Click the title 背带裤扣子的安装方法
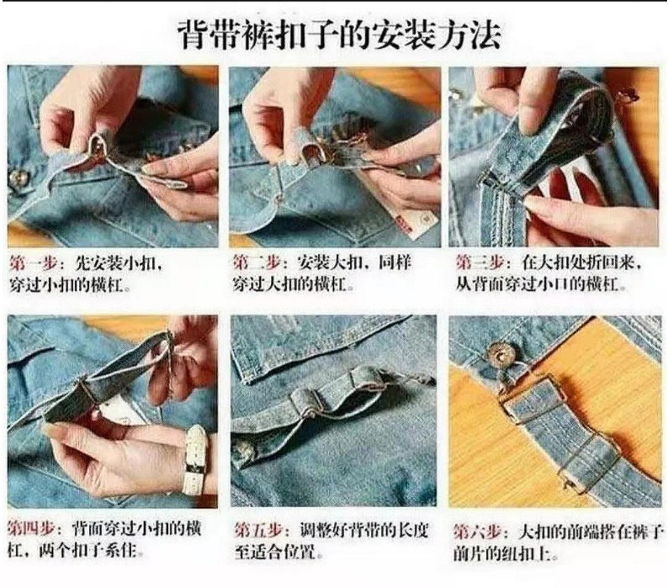339,35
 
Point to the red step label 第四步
32,529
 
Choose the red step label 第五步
259,531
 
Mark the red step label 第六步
477,532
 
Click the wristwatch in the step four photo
195,460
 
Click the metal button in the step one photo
18,178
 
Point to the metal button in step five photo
244,448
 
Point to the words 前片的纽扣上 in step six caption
501,554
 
